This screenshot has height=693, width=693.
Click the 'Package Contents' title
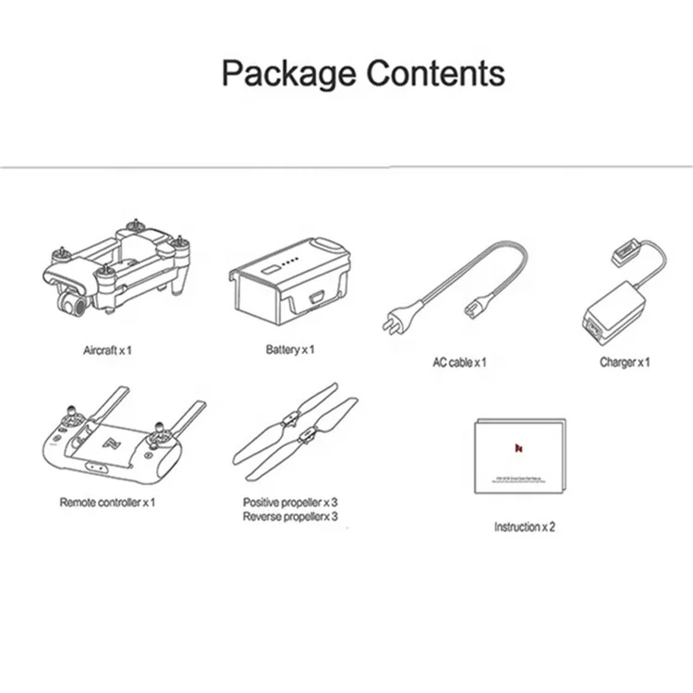[x=363, y=72]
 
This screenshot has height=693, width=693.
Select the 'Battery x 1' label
[x=291, y=349]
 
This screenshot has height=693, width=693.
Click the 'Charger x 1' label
[x=625, y=361]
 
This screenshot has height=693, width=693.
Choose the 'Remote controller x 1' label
[x=107, y=502]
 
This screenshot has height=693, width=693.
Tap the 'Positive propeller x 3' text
[x=290, y=502]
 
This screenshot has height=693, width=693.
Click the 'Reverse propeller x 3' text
[x=290, y=516]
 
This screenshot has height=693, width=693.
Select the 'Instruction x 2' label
[x=524, y=527]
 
